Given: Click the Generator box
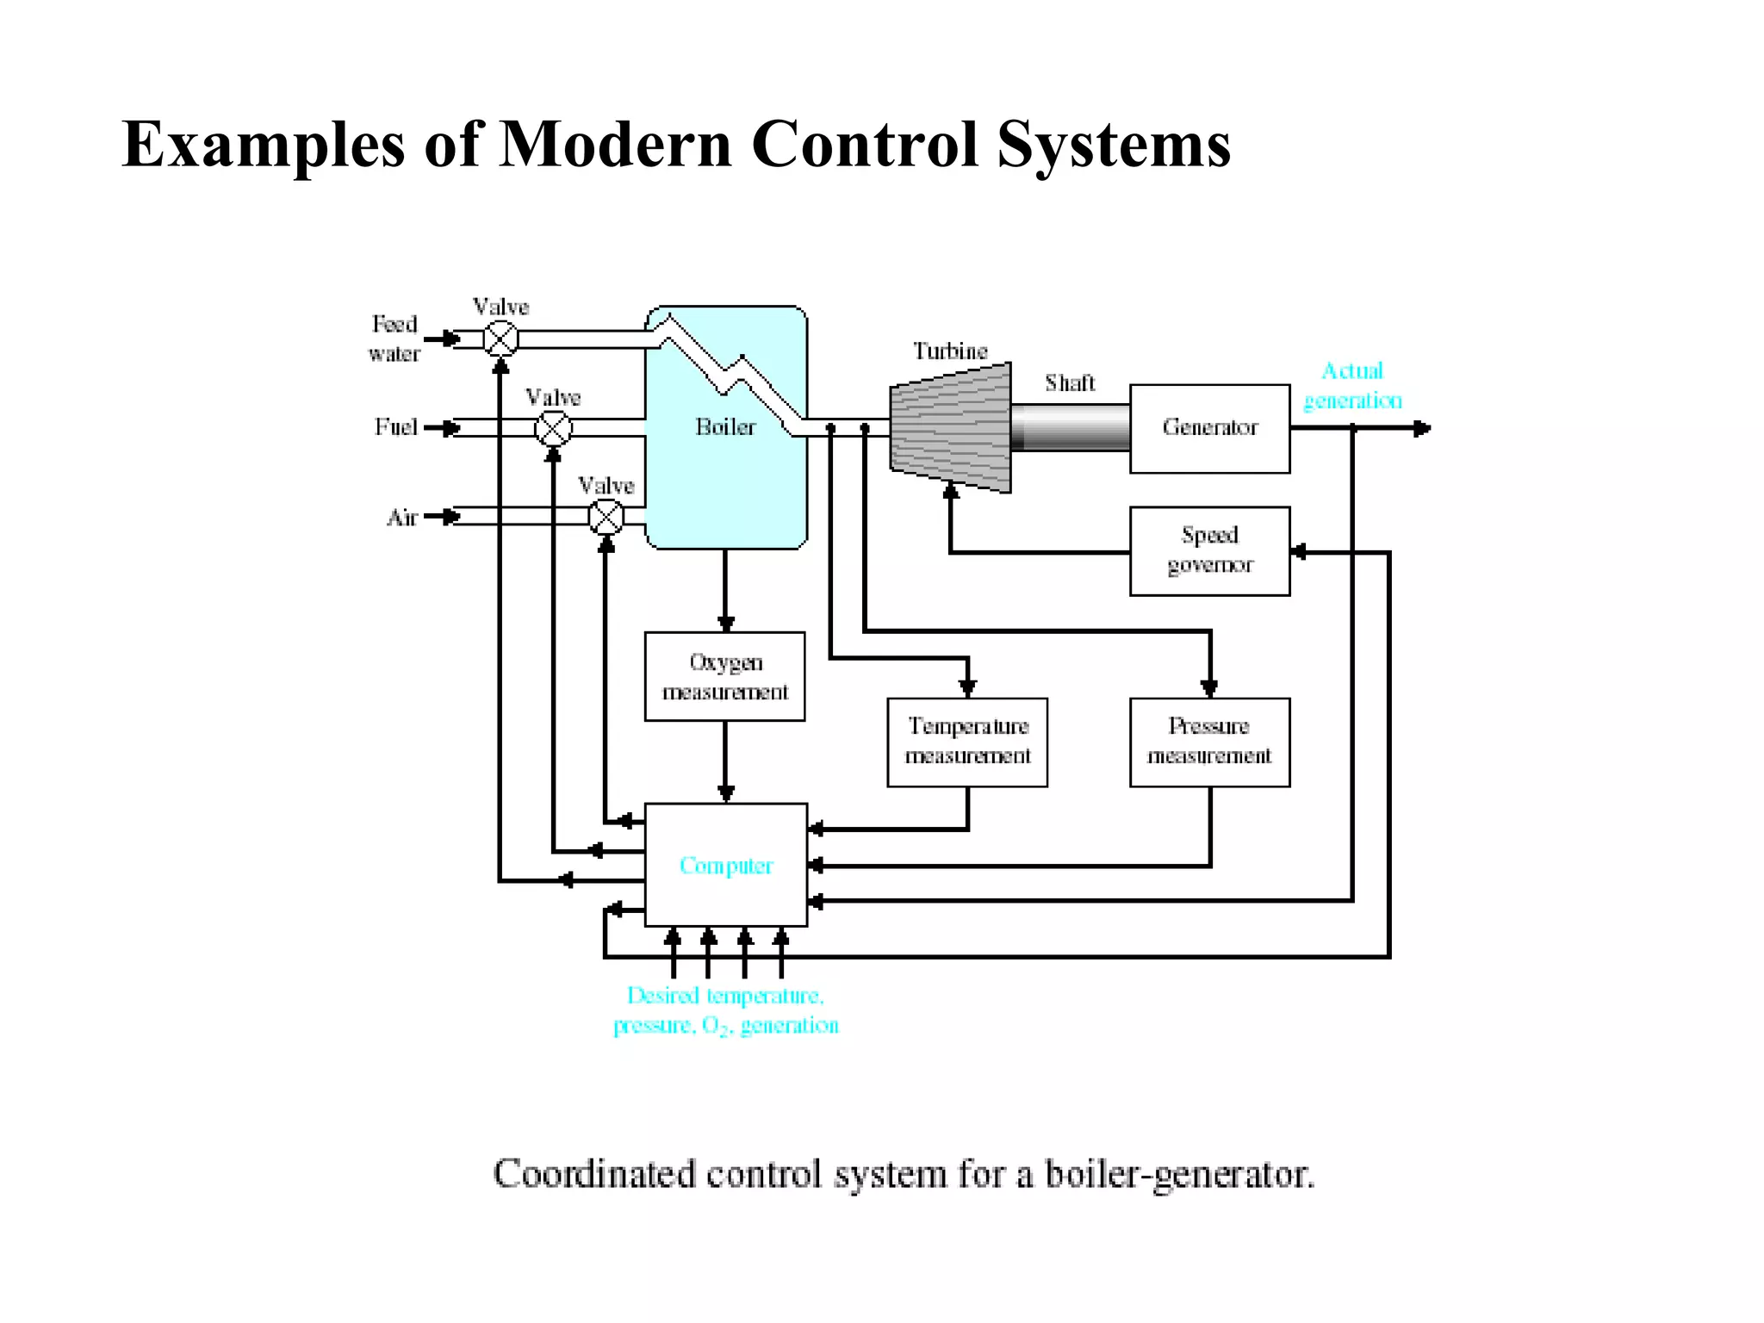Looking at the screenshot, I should (x=1209, y=428).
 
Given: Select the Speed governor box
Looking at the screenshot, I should (x=1209, y=550).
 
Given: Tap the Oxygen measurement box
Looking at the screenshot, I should (x=724, y=676).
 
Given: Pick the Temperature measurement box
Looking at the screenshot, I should (x=967, y=742).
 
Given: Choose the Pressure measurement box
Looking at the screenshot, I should (x=1209, y=742).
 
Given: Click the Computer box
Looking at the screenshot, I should (x=725, y=865).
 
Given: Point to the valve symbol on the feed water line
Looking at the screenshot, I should (x=500, y=339).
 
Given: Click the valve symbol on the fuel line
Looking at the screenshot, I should (x=553, y=428).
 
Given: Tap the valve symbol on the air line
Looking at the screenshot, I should (x=606, y=517).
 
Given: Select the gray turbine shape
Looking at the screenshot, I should (x=951, y=428).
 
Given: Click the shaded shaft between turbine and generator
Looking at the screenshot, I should (x=1070, y=428).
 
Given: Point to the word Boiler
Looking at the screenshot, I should (x=725, y=427).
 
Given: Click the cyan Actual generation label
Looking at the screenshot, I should (x=1352, y=386).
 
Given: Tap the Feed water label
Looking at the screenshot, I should (x=394, y=339).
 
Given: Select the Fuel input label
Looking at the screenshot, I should (x=395, y=427).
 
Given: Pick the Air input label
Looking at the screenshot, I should (x=401, y=518).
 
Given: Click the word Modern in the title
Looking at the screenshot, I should (x=615, y=145).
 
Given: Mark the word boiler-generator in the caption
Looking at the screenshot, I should (x=1179, y=1175).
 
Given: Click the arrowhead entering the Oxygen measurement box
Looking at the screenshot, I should (x=725, y=624).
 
